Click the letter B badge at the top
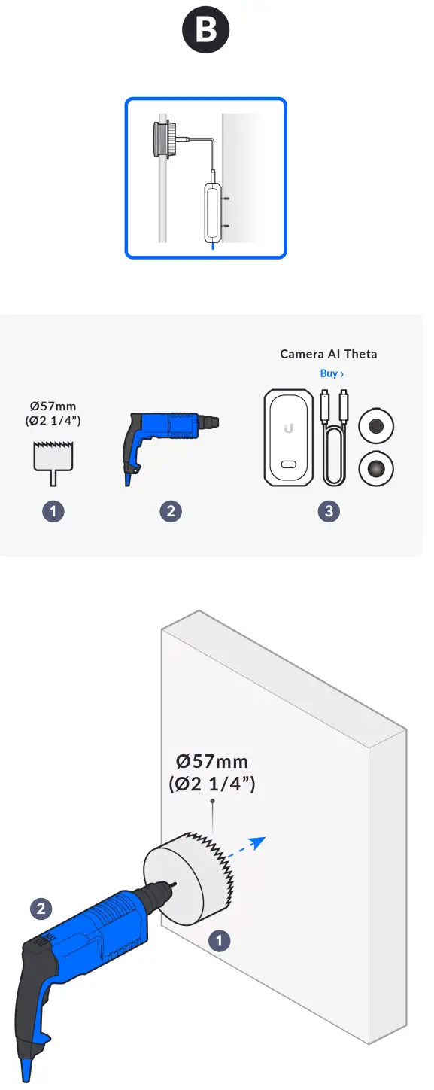click(205, 31)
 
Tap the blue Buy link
click(332, 373)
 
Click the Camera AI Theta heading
click(329, 354)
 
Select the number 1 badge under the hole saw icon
click(53, 512)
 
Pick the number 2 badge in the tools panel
click(171, 512)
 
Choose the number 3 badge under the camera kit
click(329, 512)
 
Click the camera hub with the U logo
click(287, 437)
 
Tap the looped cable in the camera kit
click(333, 444)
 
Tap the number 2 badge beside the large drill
click(41, 909)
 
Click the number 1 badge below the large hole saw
click(219, 940)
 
